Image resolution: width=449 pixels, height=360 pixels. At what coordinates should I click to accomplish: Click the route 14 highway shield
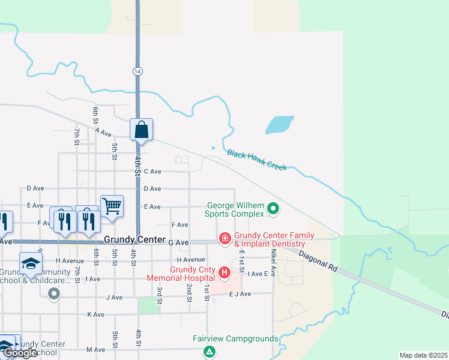click(137, 71)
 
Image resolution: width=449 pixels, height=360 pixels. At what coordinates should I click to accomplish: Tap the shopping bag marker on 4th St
click(141, 130)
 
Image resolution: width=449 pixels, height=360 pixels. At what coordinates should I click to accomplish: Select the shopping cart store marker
click(112, 207)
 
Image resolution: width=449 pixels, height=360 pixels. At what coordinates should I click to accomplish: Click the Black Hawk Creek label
click(257, 160)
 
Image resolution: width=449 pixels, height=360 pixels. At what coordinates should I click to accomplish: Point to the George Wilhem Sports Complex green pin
click(273, 209)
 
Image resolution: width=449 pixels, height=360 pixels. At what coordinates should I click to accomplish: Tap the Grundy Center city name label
click(134, 239)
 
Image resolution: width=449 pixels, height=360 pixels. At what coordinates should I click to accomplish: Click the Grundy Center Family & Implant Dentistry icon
click(225, 239)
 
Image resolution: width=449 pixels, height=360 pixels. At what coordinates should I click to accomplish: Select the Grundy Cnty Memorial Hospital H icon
click(224, 274)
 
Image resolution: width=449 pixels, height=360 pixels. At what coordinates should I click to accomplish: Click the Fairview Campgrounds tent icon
click(209, 352)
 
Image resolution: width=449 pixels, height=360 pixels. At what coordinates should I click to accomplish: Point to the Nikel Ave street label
click(273, 263)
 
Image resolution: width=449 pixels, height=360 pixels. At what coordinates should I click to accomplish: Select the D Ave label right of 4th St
click(152, 188)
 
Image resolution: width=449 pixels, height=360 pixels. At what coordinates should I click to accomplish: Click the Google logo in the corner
click(20, 353)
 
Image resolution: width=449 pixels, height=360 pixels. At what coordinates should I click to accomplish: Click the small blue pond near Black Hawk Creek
click(279, 125)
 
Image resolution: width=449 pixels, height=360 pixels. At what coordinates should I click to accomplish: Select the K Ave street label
click(96, 314)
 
